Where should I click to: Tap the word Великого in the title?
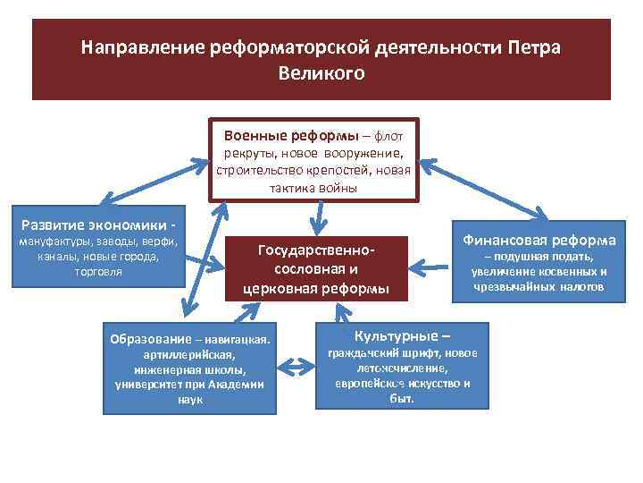(x=321, y=73)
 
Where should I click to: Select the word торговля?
(x=98, y=272)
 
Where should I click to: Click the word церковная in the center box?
(x=279, y=288)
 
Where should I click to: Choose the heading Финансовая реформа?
(x=539, y=241)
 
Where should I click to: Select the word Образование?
(x=149, y=339)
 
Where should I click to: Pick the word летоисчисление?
(x=401, y=368)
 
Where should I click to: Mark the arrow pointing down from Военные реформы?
(x=315, y=218)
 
